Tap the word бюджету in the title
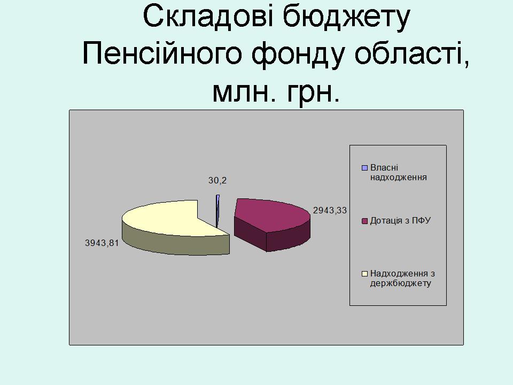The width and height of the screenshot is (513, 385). [346, 18]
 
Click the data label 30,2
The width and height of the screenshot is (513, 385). [217, 180]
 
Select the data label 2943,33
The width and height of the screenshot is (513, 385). [330, 210]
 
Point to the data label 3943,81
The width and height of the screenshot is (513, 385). [102, 243]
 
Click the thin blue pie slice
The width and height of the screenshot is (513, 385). [217, 211]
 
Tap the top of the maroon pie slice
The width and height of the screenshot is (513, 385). [271, 214]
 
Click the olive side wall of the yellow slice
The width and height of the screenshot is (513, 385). [173, 242]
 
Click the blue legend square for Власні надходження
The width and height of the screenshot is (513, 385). [364, 168]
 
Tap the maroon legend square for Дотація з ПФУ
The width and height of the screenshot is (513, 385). [364, 221]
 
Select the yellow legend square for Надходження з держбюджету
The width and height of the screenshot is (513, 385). [364, 274]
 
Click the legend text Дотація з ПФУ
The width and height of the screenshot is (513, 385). [400, 221]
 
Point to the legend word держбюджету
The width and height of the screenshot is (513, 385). [400, 283]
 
